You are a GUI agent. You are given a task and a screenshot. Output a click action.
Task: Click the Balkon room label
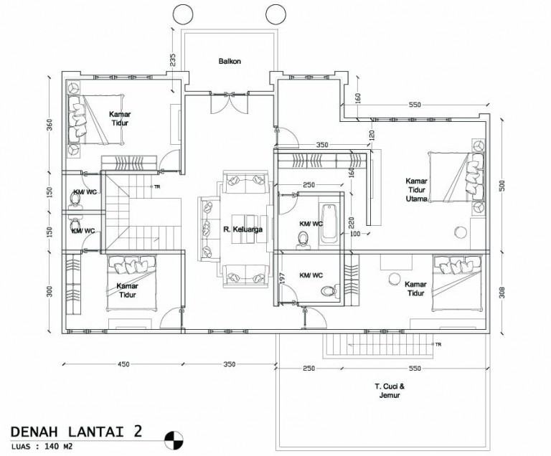[230, 61]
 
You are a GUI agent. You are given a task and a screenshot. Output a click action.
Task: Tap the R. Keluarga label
[242, 229]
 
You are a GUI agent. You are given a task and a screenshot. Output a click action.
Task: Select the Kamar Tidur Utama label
[416, 190]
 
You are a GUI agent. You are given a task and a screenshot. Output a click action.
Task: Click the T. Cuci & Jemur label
[390, 391]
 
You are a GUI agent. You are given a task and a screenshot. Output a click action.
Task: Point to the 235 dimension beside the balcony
[172, 60]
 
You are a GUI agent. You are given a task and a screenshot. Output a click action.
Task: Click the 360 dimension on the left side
[50, 125]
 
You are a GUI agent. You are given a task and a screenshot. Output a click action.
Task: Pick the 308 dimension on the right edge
[501, 292]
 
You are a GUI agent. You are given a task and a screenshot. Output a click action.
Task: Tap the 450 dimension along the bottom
[123, 364]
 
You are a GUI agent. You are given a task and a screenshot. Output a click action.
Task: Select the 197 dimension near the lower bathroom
[283, 279]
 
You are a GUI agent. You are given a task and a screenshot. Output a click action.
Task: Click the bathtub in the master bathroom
[329, 224]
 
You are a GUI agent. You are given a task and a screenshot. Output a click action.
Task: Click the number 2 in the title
[138, 431]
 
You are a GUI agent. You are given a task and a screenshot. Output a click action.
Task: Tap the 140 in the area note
[51, 447]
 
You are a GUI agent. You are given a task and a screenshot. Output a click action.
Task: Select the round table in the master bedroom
[461, 232]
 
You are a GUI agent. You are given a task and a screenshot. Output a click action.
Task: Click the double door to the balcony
[229, 103]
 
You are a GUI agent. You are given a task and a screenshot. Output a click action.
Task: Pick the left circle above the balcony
[183, 14]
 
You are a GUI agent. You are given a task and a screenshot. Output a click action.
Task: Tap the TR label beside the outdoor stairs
[438, 344]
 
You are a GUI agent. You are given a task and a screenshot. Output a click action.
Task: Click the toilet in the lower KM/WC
[329, 291]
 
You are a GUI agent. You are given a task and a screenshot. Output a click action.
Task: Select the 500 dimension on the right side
[501, 186]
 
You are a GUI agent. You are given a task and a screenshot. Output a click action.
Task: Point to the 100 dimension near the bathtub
[355, 234]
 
